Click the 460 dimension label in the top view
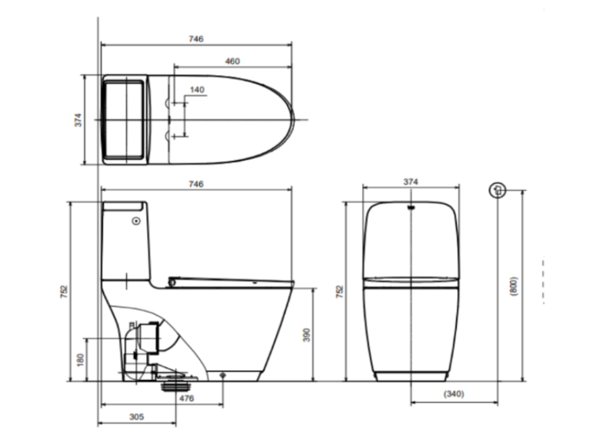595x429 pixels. (232, 61)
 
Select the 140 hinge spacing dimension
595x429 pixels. (197, 90)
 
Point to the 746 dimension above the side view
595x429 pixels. (197, 184)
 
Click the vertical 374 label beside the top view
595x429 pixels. (79, 119)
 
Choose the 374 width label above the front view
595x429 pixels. (410, 182)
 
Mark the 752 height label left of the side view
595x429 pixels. (63, 291)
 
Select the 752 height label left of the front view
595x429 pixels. (341, 291)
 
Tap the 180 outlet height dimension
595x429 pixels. (79, 360)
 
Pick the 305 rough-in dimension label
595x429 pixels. (136, 416)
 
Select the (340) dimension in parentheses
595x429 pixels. (454, 394)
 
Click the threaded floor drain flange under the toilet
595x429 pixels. (168, 387)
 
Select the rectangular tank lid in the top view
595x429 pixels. (125, 119)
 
